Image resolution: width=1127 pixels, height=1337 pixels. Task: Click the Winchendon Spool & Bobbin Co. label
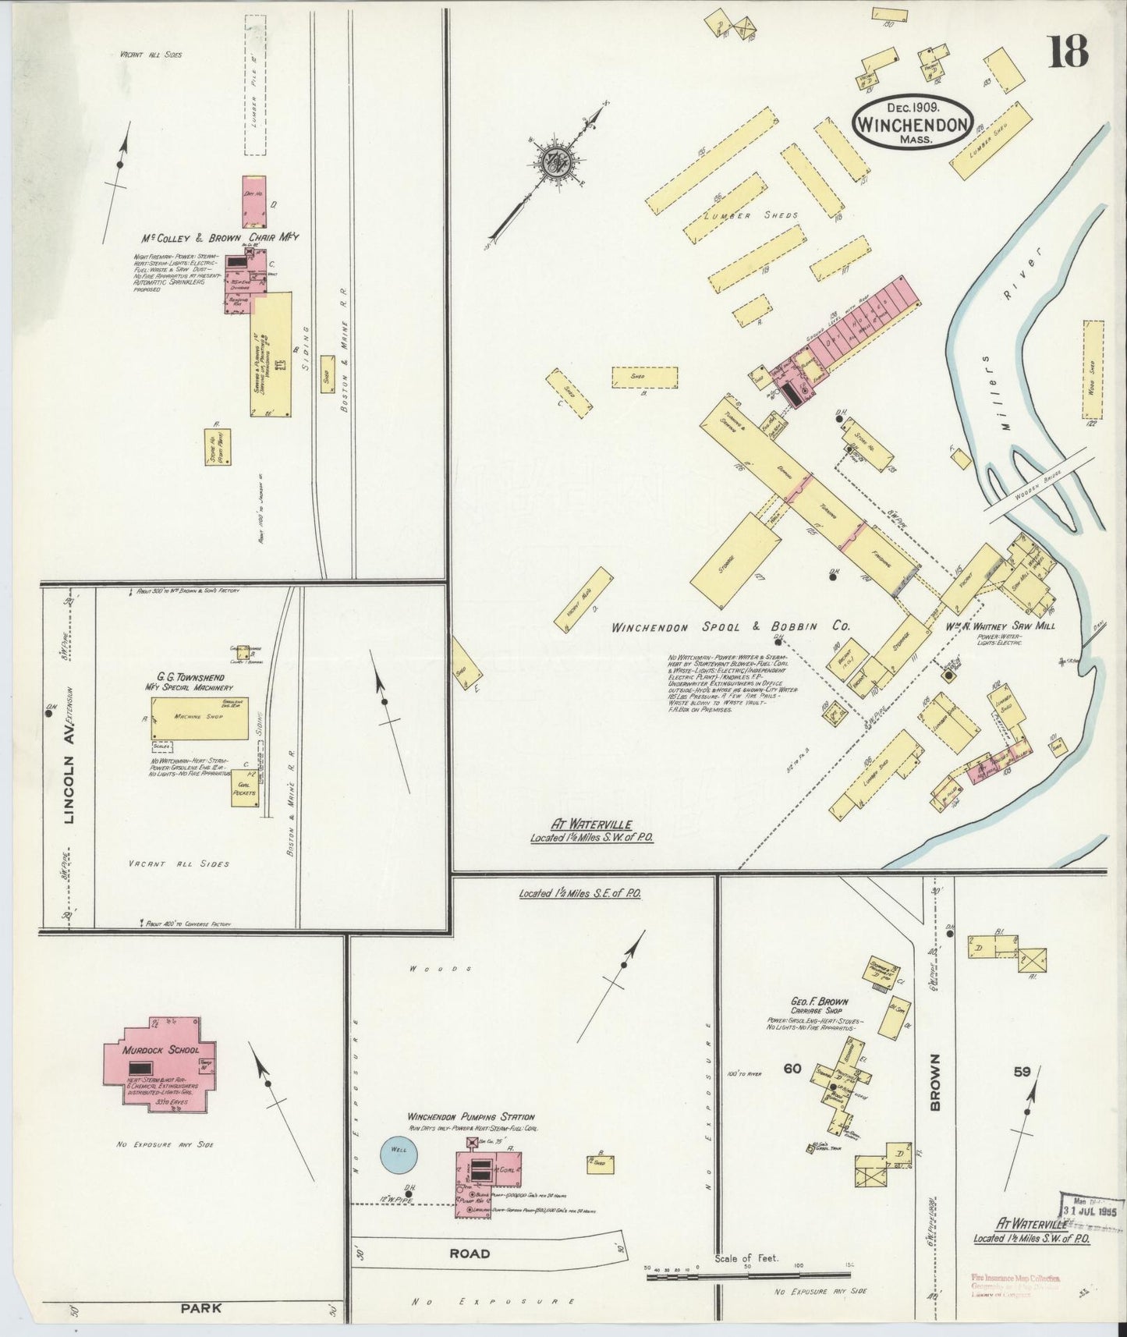coord(730,626)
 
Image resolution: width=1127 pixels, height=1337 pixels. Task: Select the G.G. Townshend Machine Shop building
coord(200,718)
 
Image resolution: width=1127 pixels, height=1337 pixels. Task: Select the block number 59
coord(1022,1072)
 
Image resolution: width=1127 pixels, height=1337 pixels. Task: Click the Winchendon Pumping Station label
coord(470,1117)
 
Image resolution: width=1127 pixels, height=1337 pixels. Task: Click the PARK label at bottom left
coord(200,1308)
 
